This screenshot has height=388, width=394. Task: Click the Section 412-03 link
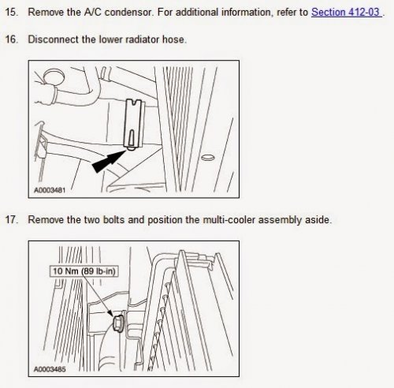coord(347,12)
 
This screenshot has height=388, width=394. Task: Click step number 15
coord(12,13)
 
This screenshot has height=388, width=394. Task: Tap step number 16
coord(12,39)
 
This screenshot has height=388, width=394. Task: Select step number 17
coord(12,220)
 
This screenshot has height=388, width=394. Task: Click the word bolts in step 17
coord(113,220)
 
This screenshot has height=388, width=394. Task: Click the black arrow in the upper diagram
coord(108,162)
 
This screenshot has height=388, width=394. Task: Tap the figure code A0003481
coord(50,190)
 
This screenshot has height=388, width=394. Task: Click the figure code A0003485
coord(50,369)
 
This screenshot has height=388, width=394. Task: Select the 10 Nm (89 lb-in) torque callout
coord(84,271)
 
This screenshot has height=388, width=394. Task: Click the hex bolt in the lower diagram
coord(118,323)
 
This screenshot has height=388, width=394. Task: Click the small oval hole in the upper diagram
coord(207,158)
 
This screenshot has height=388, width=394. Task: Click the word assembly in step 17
coord(280,220)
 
